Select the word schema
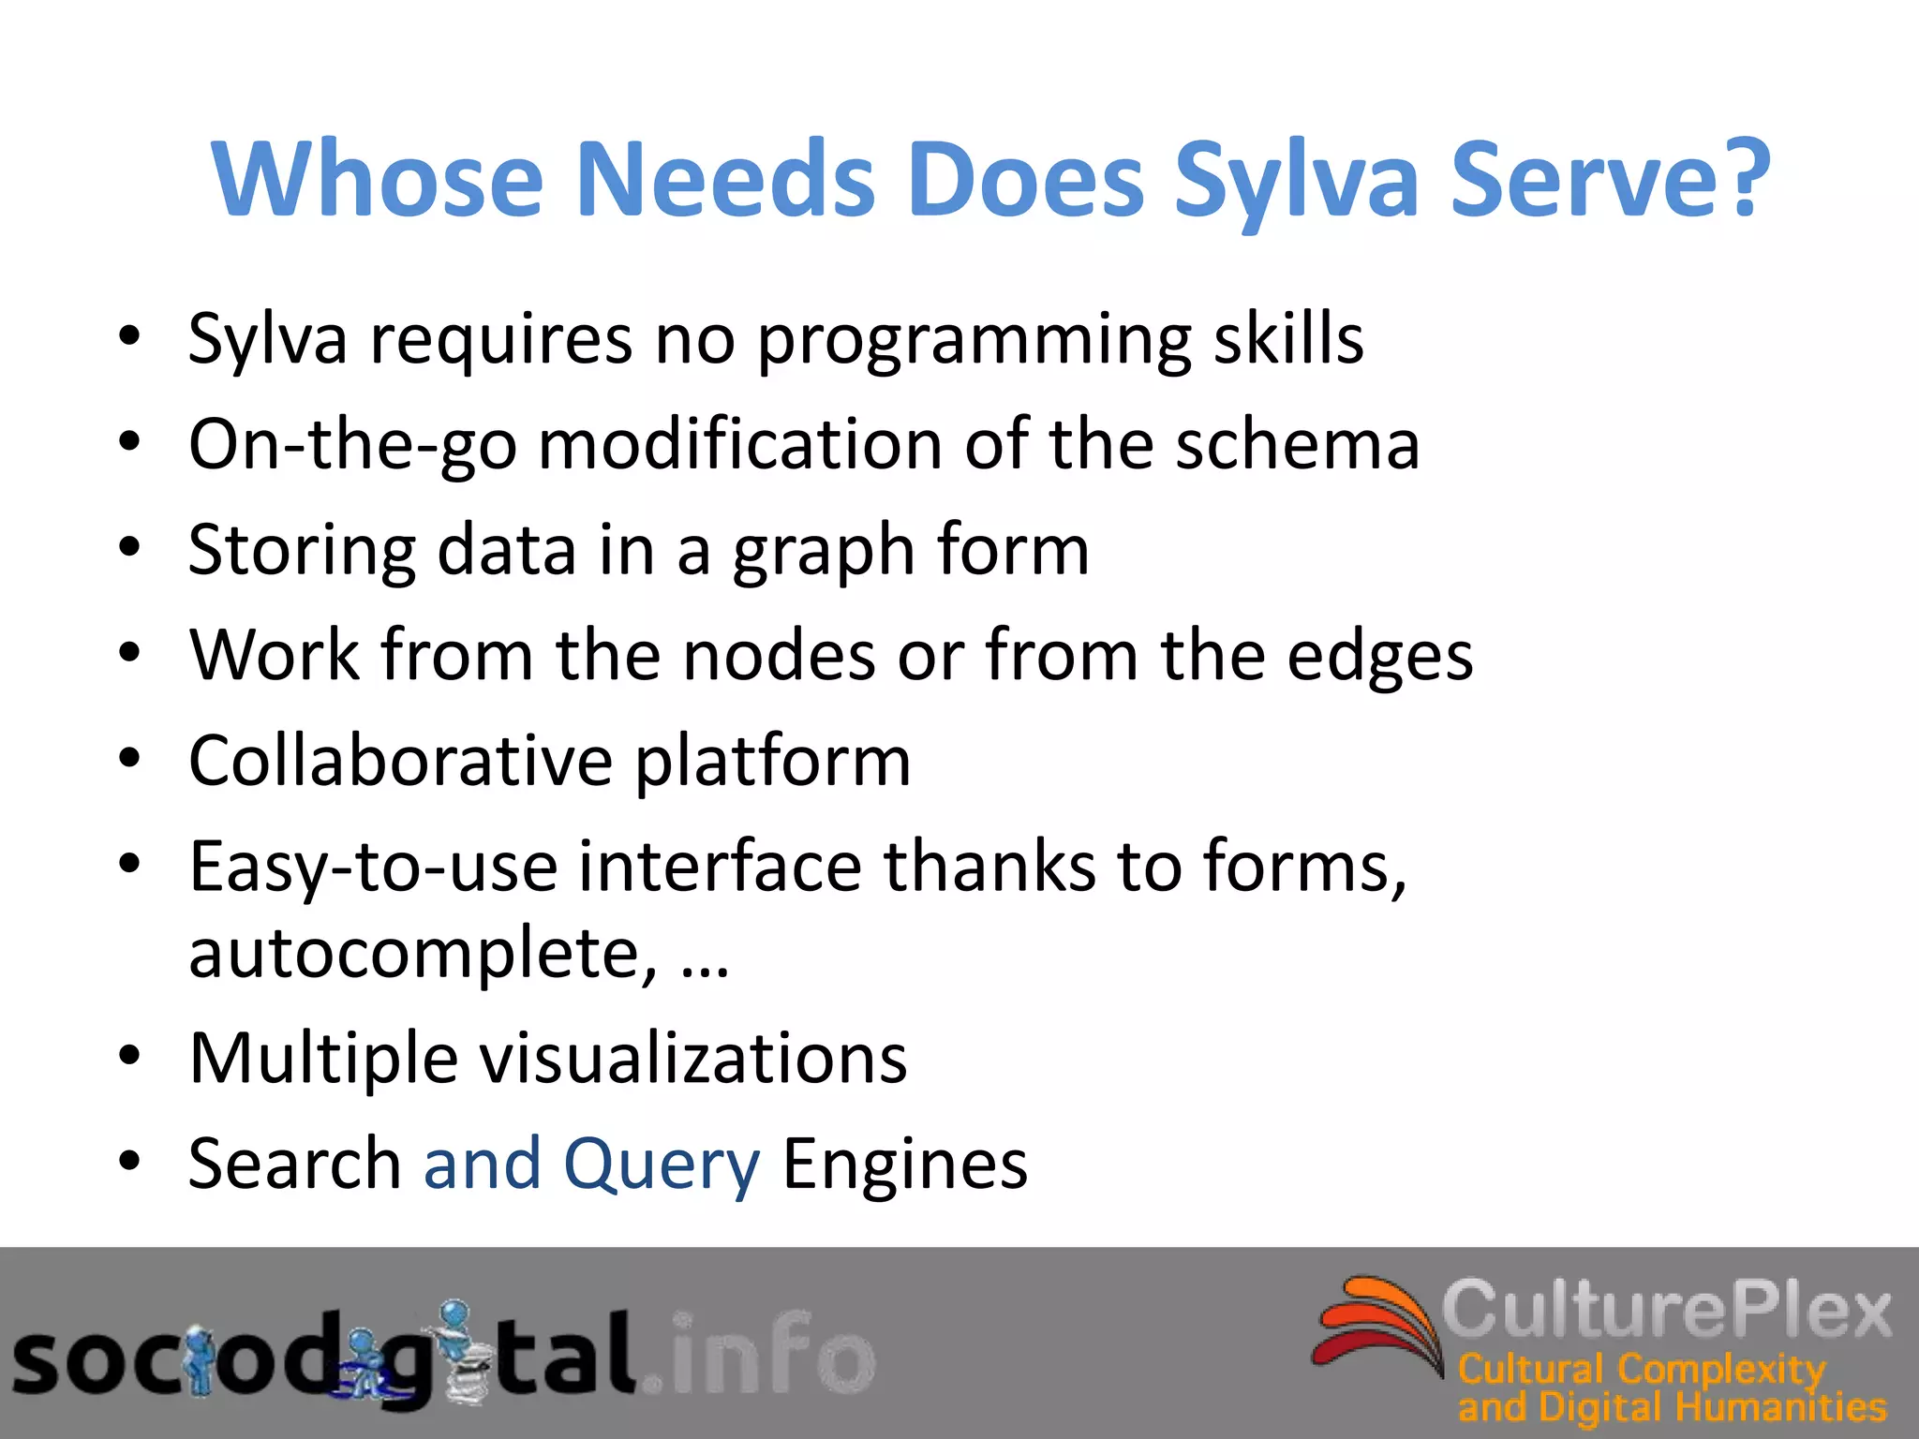coord(1298,444)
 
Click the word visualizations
coord(693,1059)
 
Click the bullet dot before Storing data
coord(129,547)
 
